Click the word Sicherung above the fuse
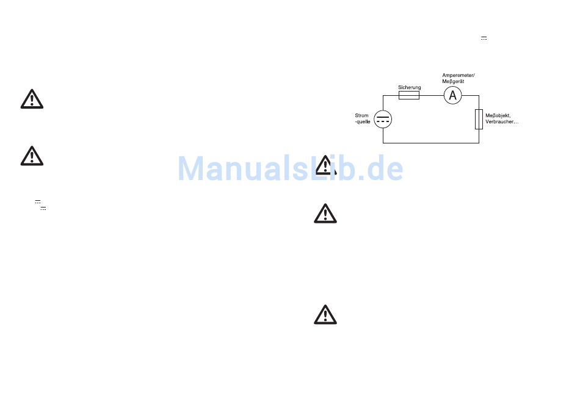click(x=409, y=87)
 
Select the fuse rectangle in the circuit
click(x=408, y=95)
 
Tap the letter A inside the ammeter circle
click(x=452, y=95)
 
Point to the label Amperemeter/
click(x=458, y=75)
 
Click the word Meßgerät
click(x=454, y=81)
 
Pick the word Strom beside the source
click(x=361, y=115)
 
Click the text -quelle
click(x=363, y=121)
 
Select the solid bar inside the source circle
click(x=383, y=116)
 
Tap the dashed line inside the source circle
click(x=383, y=121)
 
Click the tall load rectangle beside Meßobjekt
click(x=479, y=119)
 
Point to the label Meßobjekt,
click(x=497, y=115)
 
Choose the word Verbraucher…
click(x=501, y=121)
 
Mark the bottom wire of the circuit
click(x=430, y=143)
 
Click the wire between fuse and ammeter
click(x=431, y=95)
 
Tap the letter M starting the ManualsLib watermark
click(x=191, y=168)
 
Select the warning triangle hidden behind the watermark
click(x=325, y=166)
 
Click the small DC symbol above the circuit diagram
click(x=484, y=38)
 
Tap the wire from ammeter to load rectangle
click(x=471, y=95)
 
